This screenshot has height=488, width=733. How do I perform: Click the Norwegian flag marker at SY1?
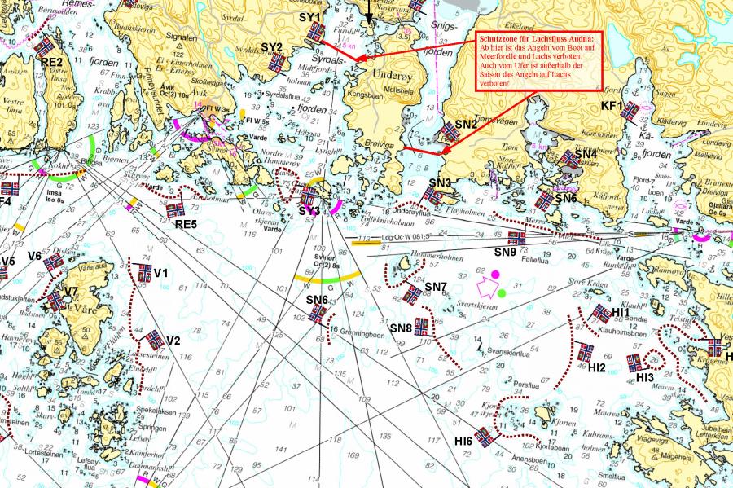[x=317, y=32]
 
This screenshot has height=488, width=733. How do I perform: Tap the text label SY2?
[x=272, y=47]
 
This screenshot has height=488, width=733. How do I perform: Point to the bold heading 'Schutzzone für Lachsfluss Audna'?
[x=537, y=39]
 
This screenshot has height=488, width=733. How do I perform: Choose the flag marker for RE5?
[x=175, y=209]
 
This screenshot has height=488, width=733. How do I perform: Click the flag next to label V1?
[x=145, y=273]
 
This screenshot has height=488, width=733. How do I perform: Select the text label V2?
[x=173, y=341]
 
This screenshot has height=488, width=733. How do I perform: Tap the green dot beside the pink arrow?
[x=503, y=292]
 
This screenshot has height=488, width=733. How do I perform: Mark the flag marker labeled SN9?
[x=516, y=238]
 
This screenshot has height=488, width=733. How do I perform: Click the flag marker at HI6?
[x=485, y=437]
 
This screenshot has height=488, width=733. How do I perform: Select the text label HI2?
[x=597, y=367]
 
